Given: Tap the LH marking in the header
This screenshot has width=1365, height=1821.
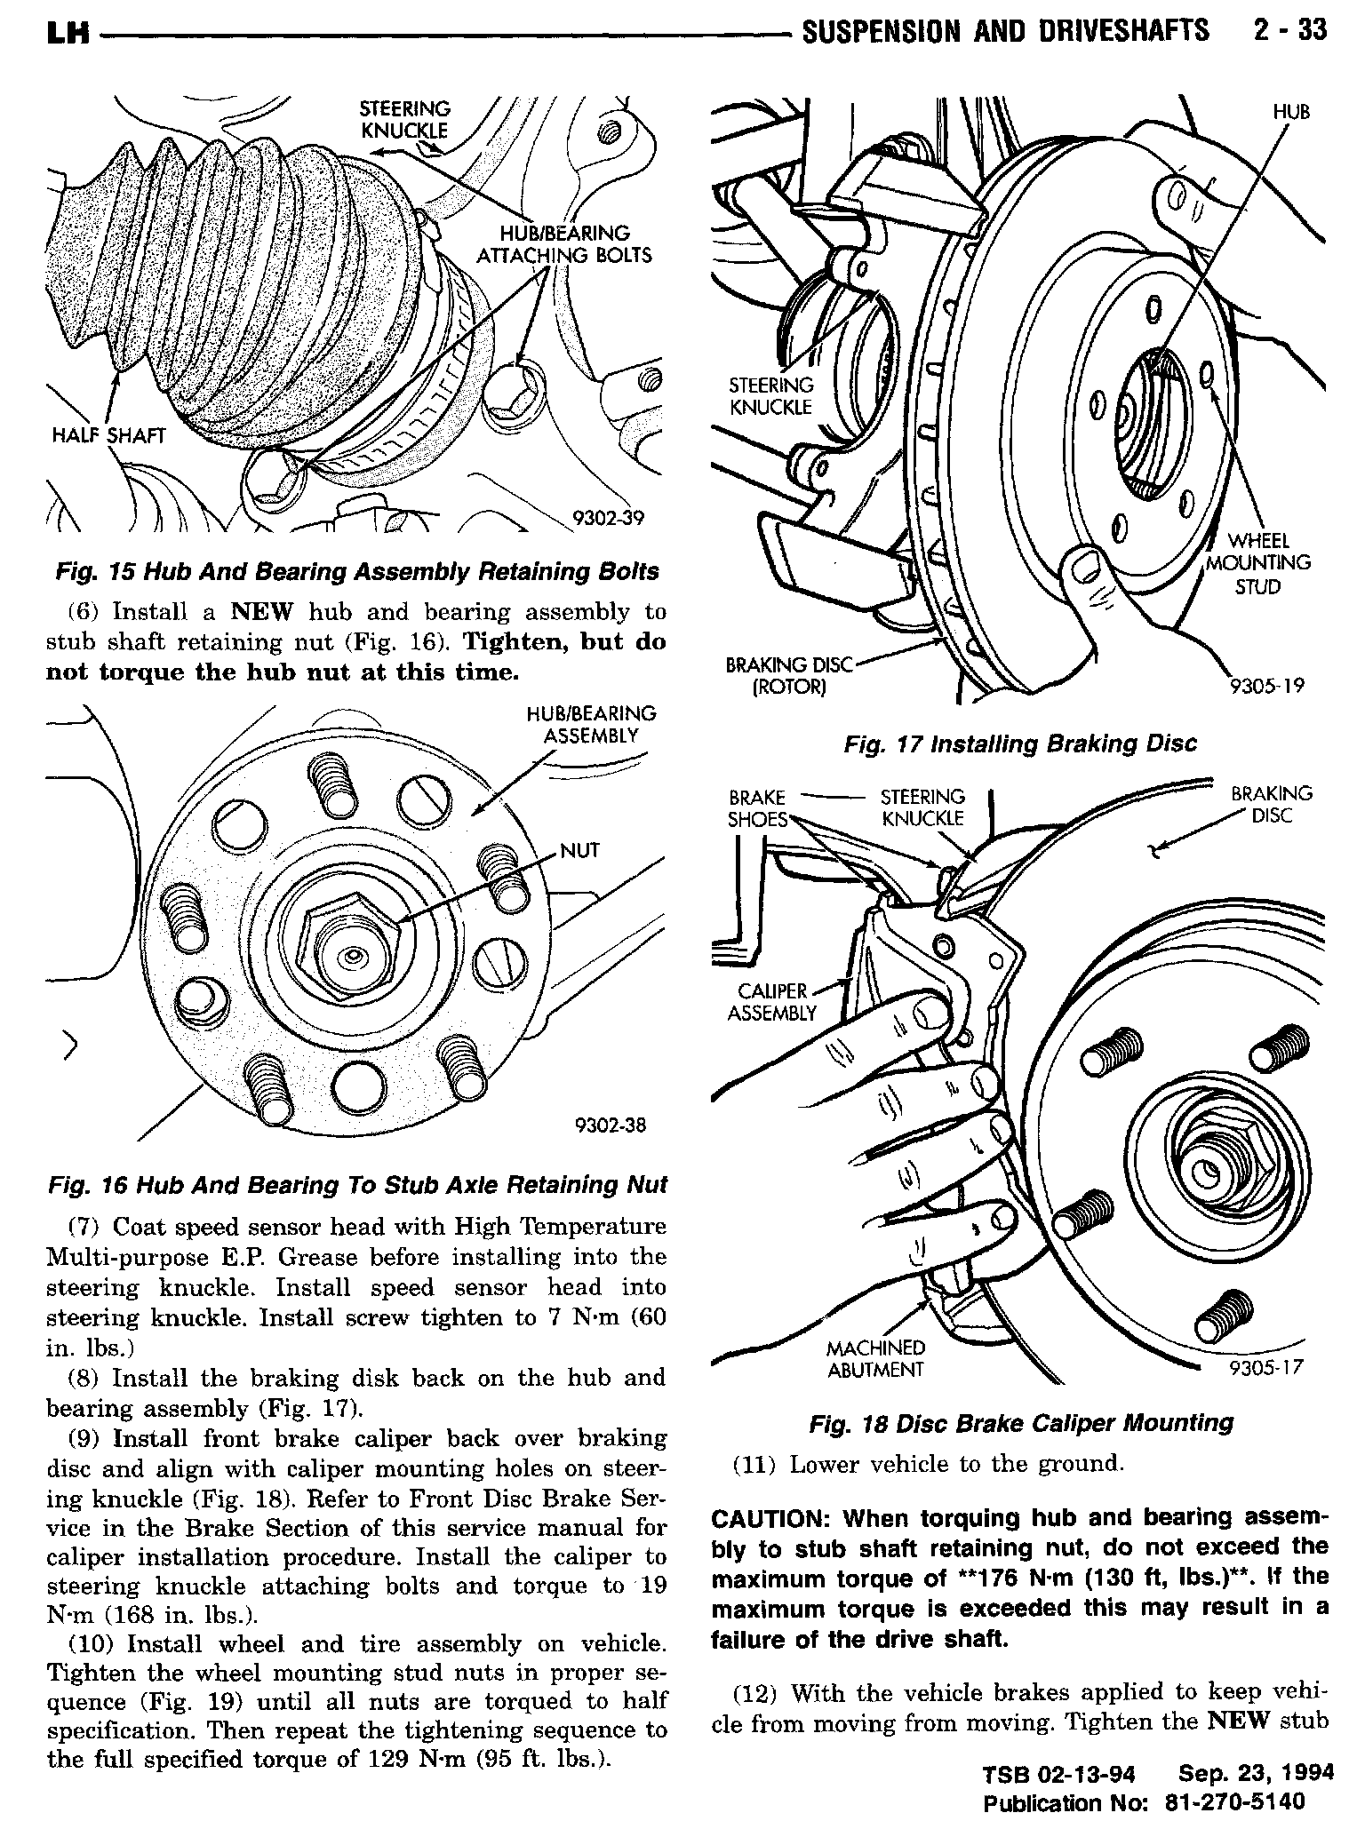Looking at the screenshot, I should pos(68,34).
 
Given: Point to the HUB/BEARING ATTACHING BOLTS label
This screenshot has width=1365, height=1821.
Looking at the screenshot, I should pos(564,244).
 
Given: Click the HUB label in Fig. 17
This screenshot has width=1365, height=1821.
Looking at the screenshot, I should pos(1291,111).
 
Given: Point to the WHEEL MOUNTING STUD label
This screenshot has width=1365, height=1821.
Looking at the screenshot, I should pos(1257,563).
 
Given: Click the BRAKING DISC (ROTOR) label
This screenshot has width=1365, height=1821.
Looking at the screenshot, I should pos(789,675).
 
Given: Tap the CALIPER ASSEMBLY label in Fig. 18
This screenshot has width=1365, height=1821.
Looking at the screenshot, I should pos(771,1002).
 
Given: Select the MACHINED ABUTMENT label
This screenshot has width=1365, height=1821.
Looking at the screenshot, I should pos(875,1359).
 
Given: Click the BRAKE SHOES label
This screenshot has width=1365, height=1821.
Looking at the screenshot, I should pos(757,808).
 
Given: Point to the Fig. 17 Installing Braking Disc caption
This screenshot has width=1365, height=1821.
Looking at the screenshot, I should pos(1020,744).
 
